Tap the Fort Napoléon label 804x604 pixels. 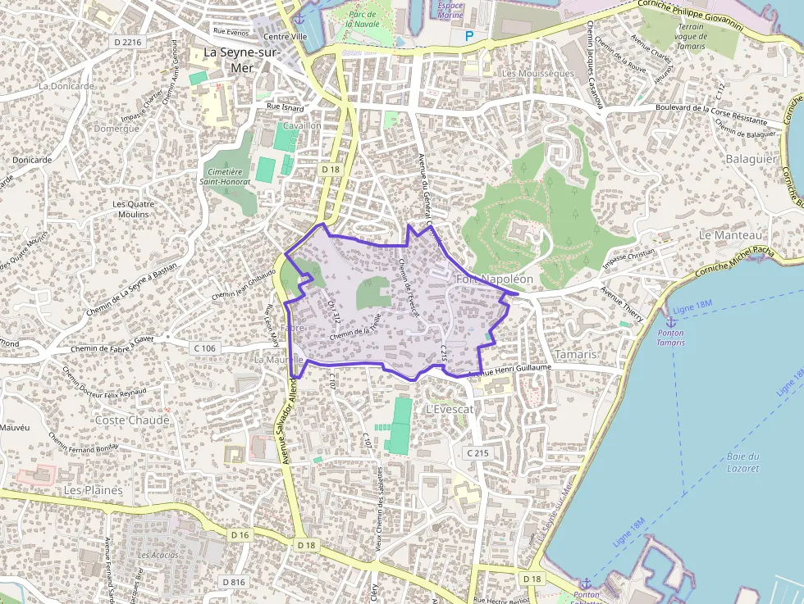pos(494,279)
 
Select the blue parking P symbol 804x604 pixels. pos(469,36)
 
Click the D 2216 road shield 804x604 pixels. pos(128,41)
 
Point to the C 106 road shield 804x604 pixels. pos(204,348)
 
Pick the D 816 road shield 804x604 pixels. pos(234,582)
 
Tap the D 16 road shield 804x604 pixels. pos(240,535)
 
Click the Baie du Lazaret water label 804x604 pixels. pos(742,462)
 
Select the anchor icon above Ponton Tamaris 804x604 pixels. pos(670,320)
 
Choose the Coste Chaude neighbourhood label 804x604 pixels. pos(132,420)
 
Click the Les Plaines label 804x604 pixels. pos(94,490)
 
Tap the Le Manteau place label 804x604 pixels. pos(730,235)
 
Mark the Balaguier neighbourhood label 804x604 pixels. pos(751,158)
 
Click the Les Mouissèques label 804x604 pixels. pos(537,74)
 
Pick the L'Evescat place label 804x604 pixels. pos(450,409)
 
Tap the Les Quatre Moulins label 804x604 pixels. pos(131,209)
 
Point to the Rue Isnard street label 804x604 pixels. pos(285,107)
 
